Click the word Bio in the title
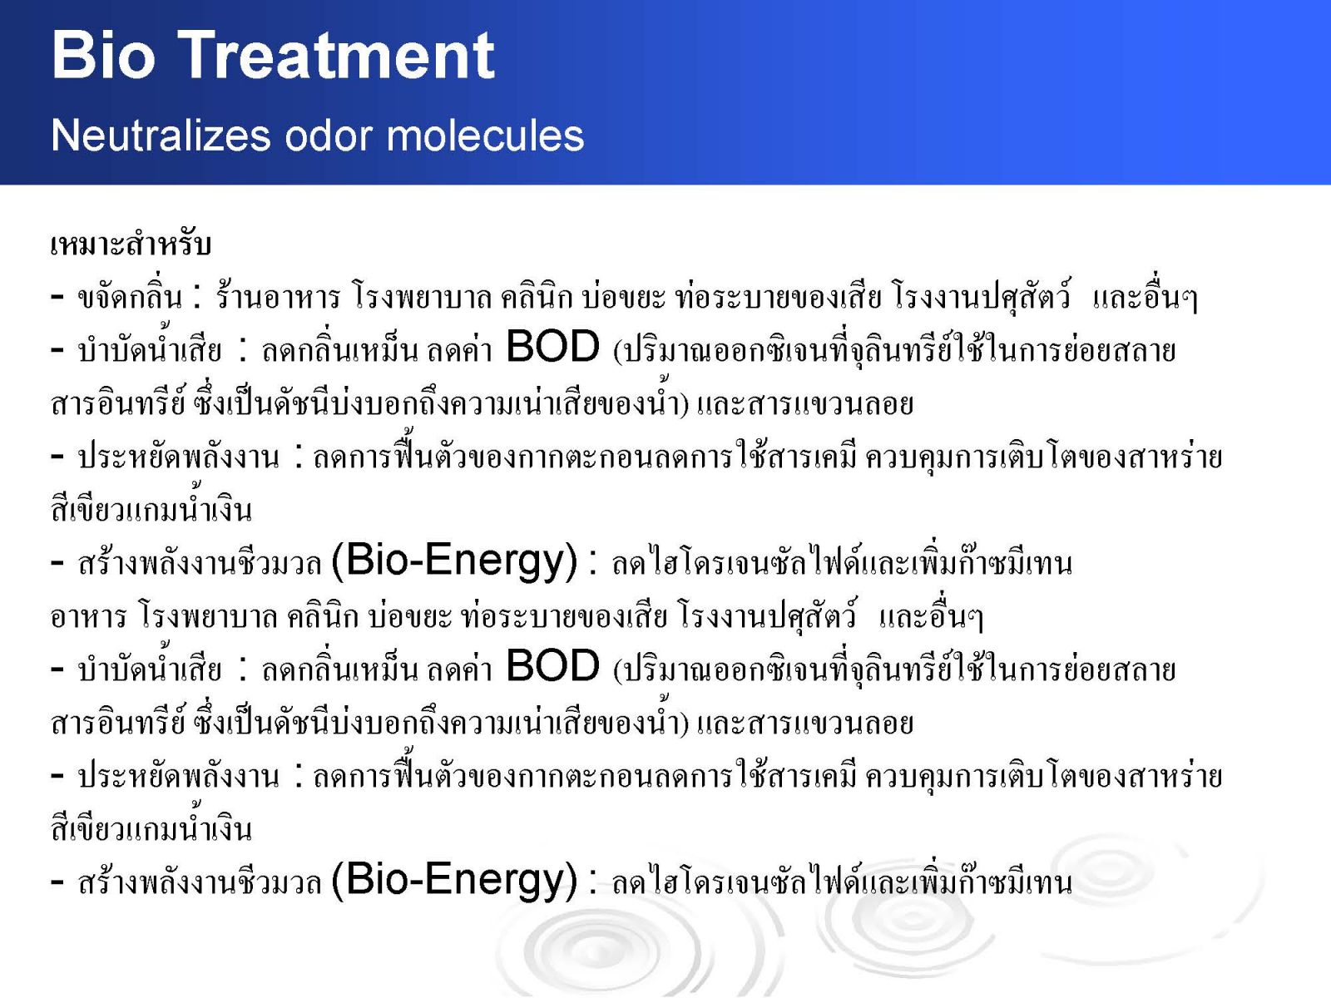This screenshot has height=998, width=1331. (104, 55)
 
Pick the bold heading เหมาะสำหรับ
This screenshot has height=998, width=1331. (131, 245)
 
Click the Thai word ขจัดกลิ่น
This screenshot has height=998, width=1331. (130, 296)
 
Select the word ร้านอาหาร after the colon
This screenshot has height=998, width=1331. (279, 296)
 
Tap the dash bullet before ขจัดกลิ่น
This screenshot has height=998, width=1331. (57, 297)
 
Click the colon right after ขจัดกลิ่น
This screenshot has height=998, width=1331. (196, 296)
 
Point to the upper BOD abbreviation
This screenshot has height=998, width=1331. (552, 347)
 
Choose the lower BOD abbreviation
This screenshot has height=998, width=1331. (552, 665)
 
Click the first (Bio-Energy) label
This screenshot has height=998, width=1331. (454, 561)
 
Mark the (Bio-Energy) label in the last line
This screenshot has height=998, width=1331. (454, 880)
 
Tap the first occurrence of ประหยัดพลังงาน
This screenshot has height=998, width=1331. (179, 457)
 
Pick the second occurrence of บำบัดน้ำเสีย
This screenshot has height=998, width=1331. (150, 667)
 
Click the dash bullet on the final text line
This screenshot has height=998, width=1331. (57, 882)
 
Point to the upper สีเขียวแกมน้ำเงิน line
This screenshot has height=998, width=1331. (151, 508)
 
